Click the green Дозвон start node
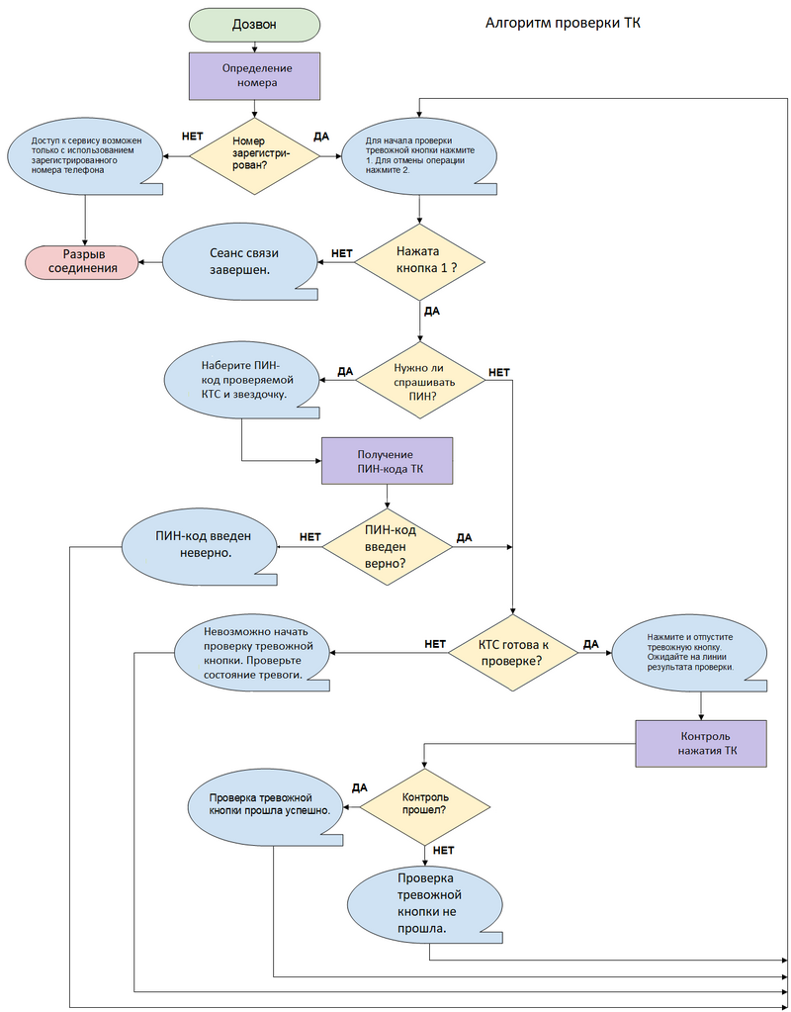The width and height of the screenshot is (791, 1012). coord(255,24)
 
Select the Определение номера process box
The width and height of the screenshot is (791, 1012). coord(255,75)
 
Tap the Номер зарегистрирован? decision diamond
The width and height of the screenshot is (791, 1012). coord(255,155)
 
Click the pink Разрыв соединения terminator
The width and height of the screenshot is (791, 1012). coord(82,261)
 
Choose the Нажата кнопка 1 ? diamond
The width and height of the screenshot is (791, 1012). coord(420,261)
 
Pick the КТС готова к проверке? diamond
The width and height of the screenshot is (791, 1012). coord(512,652)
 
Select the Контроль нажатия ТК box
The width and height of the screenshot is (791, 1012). coord(701,743)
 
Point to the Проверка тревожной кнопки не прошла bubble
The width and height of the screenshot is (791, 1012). coord(425,903)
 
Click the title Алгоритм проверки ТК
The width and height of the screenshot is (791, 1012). coord(563,23)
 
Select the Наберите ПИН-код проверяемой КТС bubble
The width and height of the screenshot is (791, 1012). coord(241,381)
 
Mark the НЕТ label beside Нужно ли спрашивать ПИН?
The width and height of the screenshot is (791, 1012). coord(499,373)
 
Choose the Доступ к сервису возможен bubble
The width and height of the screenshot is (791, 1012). coord(85,155)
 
